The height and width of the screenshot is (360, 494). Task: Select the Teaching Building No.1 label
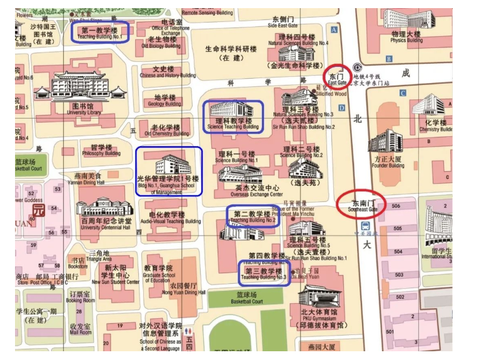[100, 32]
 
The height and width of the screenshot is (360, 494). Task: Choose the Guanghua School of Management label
[169, 184]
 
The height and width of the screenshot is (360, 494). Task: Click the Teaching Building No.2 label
[253, 216]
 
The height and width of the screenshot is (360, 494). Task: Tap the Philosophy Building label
[101, 150]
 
